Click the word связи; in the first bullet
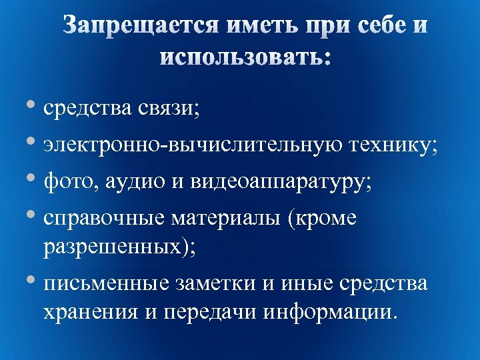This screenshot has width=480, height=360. pos(168,109)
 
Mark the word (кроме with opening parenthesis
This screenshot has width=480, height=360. pos(323,219)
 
